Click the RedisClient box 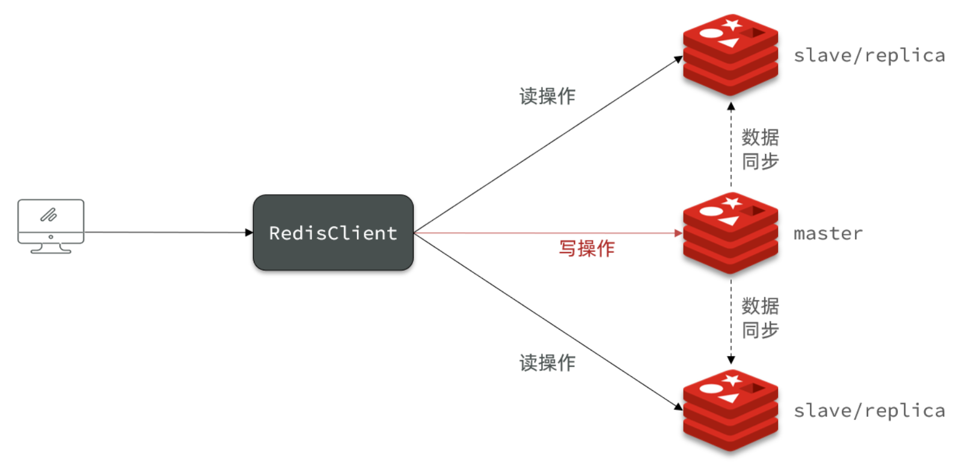tap(333, 233)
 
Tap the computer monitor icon tap(51, 225)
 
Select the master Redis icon tap(731, 233)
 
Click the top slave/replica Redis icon tap(731, 55)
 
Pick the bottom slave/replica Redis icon tap(731, 411)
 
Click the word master tap(828, 233)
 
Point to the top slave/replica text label tap(869, 55)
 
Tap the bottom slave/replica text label tap(869, 411)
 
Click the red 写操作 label tap(587, 248)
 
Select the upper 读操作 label tap(547, 96)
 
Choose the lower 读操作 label tap(547, 363)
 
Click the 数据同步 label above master tap(760, 149)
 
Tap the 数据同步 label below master tap(760, 318)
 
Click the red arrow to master tap(547, 233)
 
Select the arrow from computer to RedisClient tap(168, 232)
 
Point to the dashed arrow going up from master tap(731, 144)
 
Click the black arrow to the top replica tap(547, 145)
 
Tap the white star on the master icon tap(732, 203)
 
